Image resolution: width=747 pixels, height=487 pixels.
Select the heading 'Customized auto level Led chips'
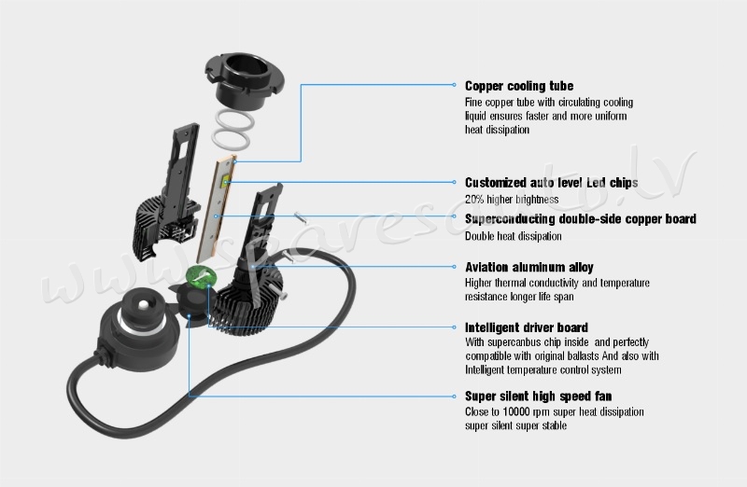click(551, 183)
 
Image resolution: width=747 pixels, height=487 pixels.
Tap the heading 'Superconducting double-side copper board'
click(580, 219)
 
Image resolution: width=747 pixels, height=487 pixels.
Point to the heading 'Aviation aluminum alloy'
click(529, 267)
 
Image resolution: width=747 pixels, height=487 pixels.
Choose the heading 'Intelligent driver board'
click(527, 327)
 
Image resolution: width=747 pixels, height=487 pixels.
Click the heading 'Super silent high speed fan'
click(538, 396)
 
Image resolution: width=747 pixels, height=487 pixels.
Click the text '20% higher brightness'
click(512, 200)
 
